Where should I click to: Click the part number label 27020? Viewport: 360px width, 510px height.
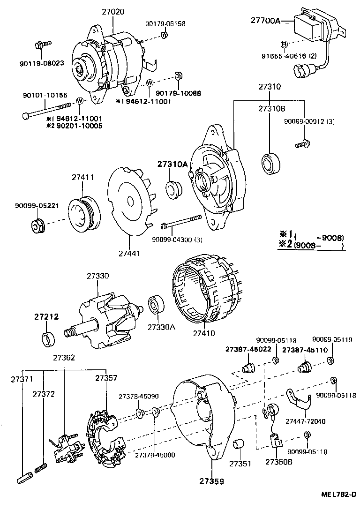pyautogui.click(x=113, y=12)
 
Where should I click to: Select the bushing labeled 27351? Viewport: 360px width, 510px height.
pyautogui.click(x=240, y=443)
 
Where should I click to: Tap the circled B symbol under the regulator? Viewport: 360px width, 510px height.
pyautogui.click(x=284, y=45)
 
